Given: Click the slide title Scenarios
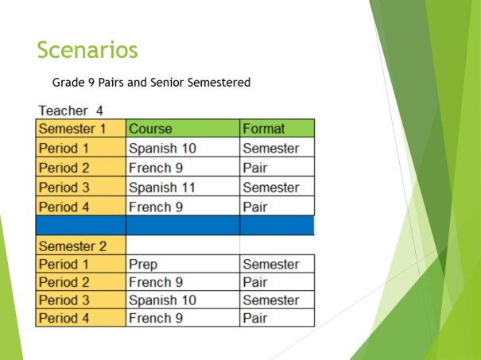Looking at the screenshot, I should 87,50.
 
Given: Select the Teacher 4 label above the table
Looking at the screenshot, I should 70,111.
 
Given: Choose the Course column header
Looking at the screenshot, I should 150,128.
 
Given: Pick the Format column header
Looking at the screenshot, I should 263,128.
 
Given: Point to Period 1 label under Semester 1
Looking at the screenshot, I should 64,148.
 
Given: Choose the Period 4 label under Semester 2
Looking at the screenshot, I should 64,318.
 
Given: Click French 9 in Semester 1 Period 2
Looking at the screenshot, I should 150,168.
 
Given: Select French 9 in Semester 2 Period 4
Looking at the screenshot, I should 150,318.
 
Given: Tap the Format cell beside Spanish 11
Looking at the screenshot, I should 270,188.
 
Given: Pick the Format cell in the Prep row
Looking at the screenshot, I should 270,264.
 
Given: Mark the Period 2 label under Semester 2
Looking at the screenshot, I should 64,282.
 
